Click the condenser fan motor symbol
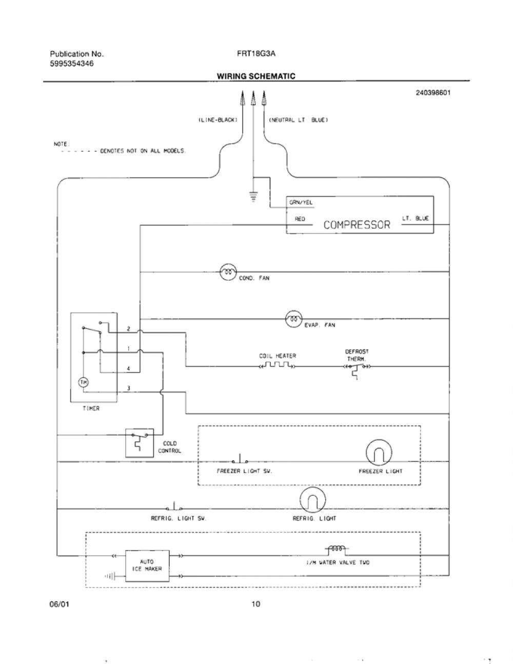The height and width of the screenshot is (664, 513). pos(228,272)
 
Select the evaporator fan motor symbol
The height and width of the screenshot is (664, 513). pos(294,319)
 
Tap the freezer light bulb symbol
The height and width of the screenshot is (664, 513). pos(379,453)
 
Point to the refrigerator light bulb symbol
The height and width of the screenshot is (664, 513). pos(313,500)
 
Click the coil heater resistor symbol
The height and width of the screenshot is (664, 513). pos(277,365)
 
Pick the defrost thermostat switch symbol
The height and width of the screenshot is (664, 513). pos(357,370)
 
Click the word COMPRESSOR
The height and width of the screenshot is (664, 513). pos(357,225)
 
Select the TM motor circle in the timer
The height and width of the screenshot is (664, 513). pos(83,382)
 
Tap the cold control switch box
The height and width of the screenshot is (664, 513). pos(140,443)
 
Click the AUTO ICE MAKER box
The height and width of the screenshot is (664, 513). pos(147,566)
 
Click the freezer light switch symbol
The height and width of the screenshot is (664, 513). pos(240,459)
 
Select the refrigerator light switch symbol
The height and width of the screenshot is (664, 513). pos(174,506)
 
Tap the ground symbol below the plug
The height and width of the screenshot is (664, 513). pos(253,196)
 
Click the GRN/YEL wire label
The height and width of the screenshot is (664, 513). pos(301,202)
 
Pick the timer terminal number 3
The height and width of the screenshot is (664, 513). pos(129,388)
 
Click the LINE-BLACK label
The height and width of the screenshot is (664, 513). pos(218,120)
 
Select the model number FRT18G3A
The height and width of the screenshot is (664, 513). pos(256,54)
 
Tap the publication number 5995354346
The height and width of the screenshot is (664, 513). pos(72,64)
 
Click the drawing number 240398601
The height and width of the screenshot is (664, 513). pos(433,92)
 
